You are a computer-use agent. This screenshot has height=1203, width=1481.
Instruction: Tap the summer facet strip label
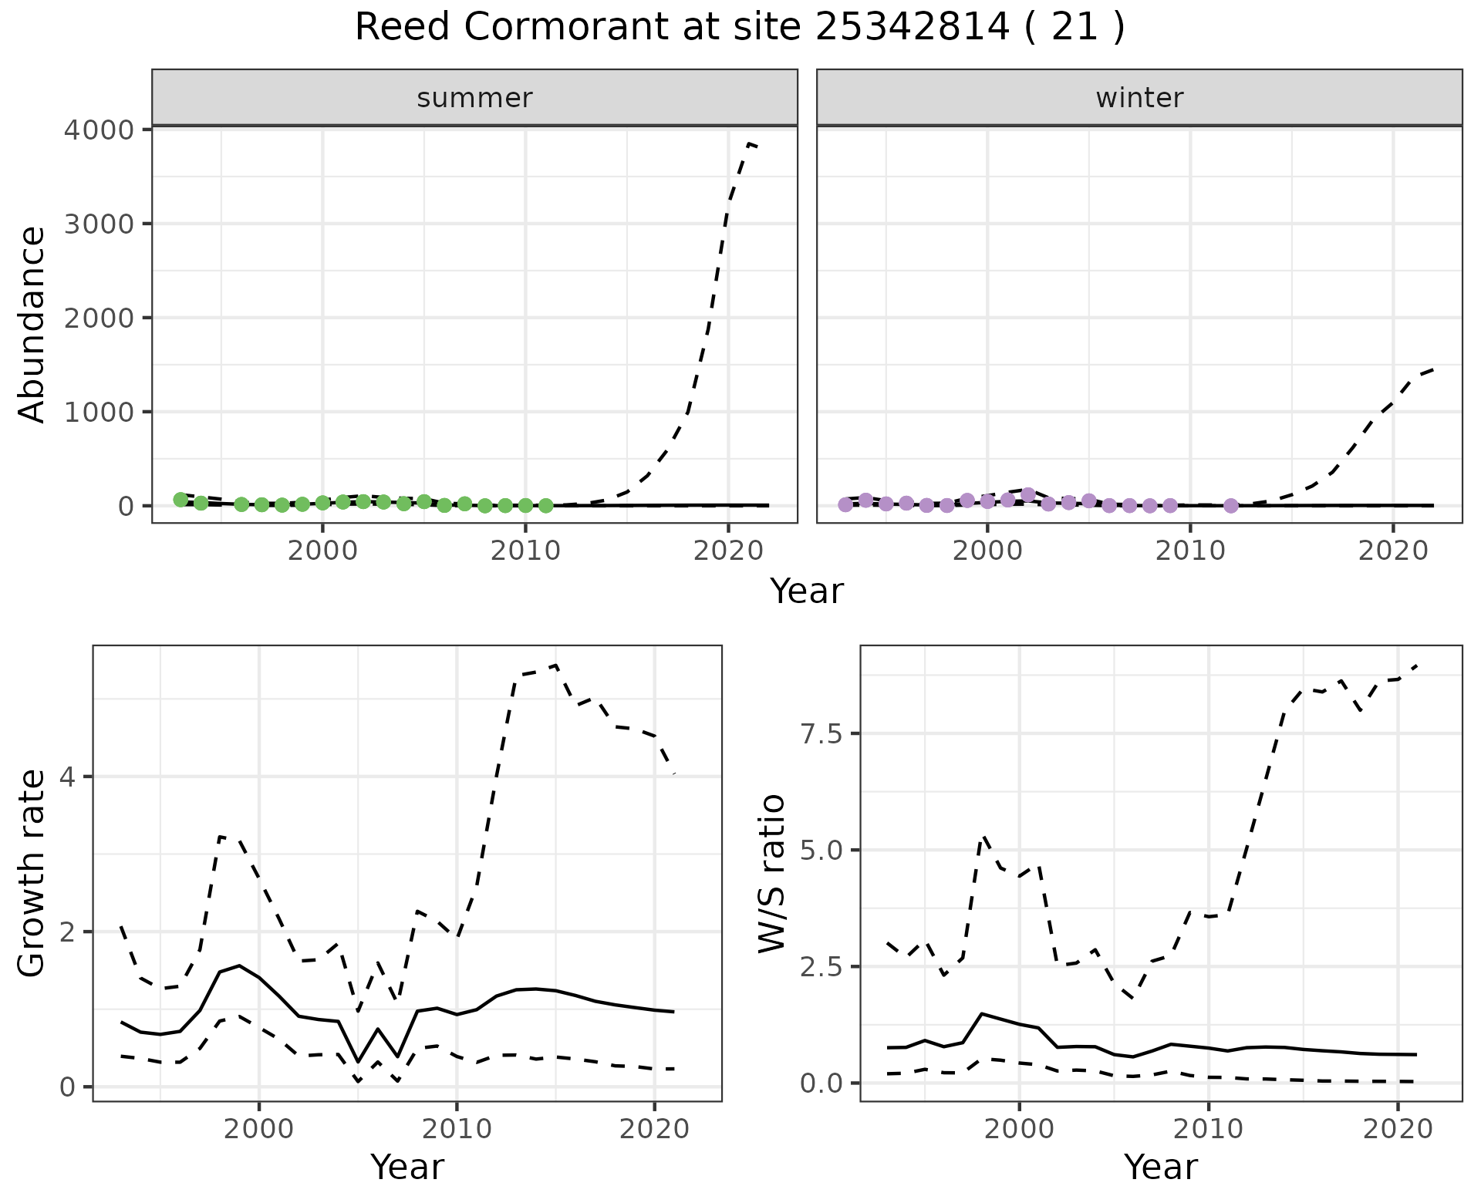coord(474,98)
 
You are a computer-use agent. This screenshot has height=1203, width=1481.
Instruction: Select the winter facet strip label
coord(1139,98)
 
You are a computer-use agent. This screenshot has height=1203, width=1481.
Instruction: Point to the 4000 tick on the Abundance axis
coord(98,130)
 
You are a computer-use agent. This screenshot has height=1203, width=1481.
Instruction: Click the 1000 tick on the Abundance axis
coord(98,412)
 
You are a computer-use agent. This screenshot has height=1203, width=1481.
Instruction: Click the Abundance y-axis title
coord(32,324)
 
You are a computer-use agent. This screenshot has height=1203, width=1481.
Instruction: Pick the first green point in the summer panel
coord(180,500)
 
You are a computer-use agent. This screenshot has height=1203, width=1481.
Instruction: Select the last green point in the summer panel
coord(545,506)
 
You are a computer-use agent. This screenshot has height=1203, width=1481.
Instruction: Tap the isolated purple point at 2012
coord(1231,506)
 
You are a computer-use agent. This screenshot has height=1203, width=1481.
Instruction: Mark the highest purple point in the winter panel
coord(1028,494)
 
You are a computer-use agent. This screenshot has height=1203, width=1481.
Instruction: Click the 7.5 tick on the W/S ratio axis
coord(820,733)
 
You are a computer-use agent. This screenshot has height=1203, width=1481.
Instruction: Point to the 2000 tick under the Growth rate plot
coord(259,1130)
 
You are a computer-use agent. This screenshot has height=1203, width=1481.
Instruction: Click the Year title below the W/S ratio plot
coord(1160,1167)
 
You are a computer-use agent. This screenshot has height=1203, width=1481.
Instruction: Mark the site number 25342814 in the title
coord(912,28)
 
